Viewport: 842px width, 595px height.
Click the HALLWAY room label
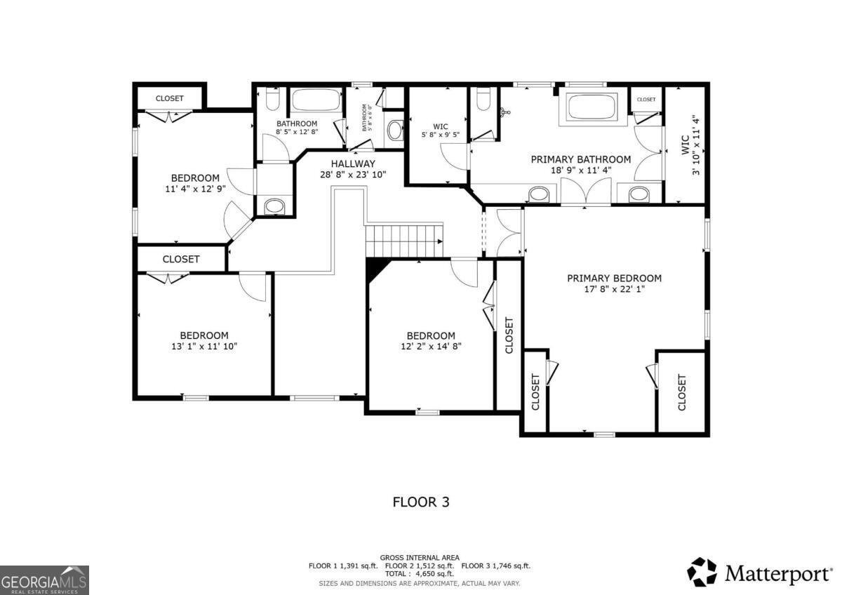354,163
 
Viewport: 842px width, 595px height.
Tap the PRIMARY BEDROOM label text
614,278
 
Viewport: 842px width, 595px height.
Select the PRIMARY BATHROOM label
580,159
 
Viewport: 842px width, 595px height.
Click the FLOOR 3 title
420,502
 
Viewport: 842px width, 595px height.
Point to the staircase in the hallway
405,241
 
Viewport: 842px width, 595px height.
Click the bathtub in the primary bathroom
590,108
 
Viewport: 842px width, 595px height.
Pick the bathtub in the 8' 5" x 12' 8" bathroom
315,100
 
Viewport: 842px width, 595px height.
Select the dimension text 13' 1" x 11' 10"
203,347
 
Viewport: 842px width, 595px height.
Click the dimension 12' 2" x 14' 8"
431,347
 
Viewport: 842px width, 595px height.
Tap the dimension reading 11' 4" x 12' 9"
195,189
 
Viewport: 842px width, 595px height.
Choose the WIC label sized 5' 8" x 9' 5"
441,127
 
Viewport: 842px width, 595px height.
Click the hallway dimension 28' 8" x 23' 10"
354,175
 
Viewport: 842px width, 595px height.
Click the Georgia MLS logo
44,580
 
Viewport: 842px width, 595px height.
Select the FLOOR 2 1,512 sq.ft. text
420,566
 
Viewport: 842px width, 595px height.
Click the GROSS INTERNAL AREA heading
420,557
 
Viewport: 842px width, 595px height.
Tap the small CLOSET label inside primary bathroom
646,100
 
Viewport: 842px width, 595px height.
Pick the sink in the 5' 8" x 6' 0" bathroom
395,131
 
